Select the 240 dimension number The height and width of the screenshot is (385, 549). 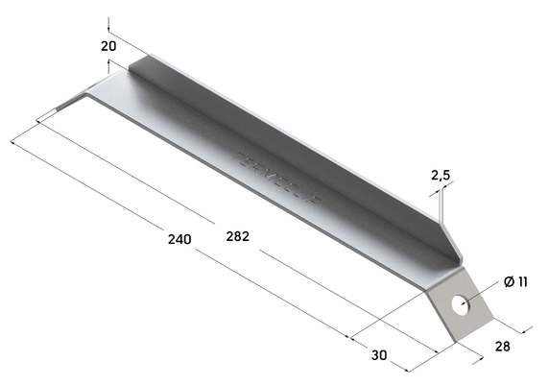point(179,238)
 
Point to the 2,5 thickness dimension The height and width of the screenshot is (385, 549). point(441,176)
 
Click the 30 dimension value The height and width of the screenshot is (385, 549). point(379,355)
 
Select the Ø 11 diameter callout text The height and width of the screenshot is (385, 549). point(515,281)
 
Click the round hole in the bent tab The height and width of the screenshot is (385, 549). point(463,305)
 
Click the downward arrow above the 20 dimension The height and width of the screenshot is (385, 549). point(110,25)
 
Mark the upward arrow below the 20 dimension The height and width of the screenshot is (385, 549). point(110,64)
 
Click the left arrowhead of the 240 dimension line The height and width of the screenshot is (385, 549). point(39,121)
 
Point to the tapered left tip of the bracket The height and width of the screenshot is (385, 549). point(67,105)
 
